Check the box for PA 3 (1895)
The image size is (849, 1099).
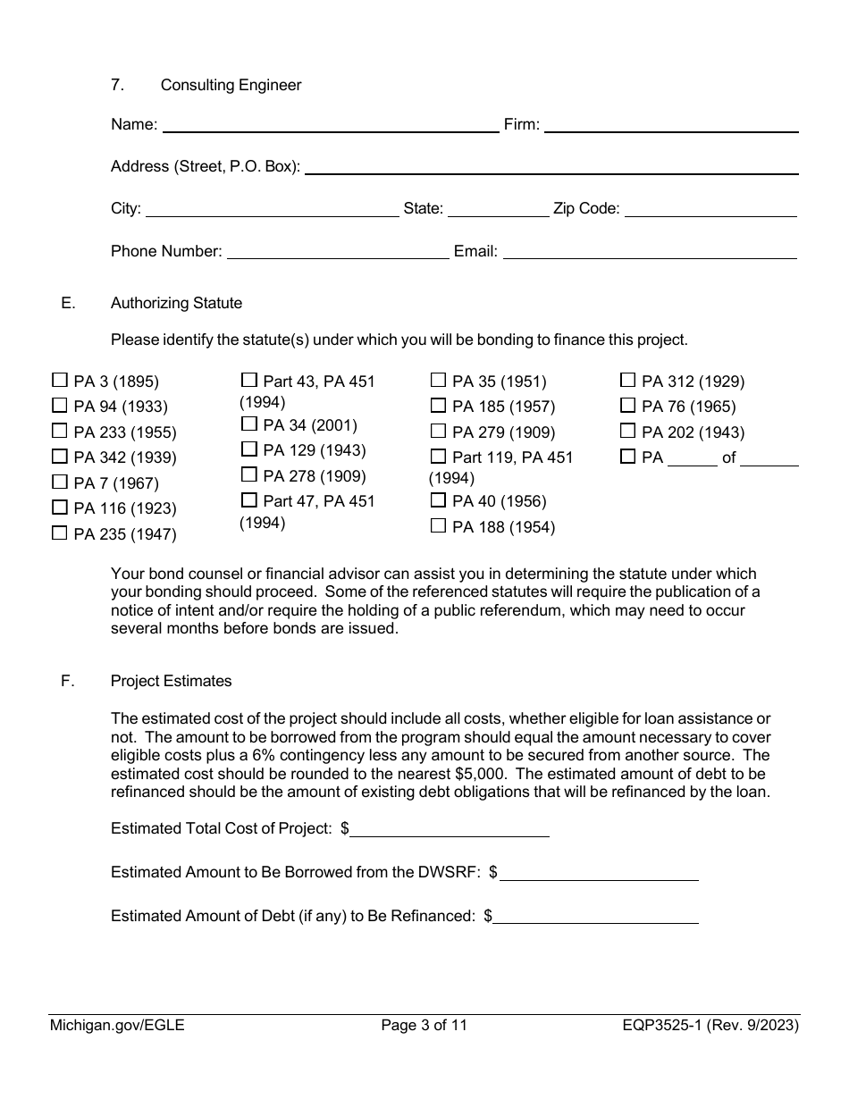(60, 381)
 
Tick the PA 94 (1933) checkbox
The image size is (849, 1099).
(60, 406)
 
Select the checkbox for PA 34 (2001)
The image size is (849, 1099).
(249, 424)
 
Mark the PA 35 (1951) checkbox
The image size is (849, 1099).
(438, 381)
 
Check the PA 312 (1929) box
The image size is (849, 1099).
(627, 381)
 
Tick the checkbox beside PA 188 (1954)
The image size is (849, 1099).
(438, 526)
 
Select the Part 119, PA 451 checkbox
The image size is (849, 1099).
(438, 457)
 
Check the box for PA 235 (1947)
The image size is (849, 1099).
(60, 533)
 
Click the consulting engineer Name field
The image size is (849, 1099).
(330, 125)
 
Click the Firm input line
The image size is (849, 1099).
(670, 125)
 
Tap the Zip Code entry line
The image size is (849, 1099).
(710, 209)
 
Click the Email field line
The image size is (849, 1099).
(650, 252)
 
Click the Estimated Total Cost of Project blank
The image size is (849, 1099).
(450, 829)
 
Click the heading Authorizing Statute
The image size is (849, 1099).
(176, 303)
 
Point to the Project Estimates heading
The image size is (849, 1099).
(171, 681)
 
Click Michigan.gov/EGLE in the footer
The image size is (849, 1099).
(117, 1026)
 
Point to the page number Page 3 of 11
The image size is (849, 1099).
(424, 1026)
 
